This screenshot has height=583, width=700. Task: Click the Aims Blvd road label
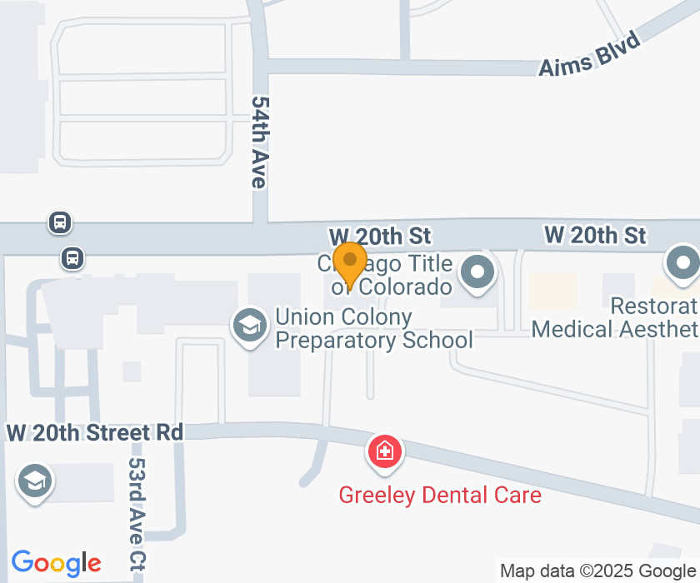[589, 55]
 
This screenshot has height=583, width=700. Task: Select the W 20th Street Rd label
[94, 433]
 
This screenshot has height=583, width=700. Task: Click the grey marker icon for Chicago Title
[478, 272]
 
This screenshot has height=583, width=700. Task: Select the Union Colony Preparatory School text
[373, 328]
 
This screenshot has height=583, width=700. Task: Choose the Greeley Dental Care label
[439, 495]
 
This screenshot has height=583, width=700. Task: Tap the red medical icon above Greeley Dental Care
[385, 452]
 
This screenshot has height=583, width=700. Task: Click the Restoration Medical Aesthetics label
[615, 317]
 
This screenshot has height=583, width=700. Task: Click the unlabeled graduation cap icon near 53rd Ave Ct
[34, 481]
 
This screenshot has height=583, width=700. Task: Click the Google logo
[56, 564]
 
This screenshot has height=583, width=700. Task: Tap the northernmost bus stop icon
[59, 222]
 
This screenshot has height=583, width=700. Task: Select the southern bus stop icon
[73, 258]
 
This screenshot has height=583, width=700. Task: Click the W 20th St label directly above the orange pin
[378, 237]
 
